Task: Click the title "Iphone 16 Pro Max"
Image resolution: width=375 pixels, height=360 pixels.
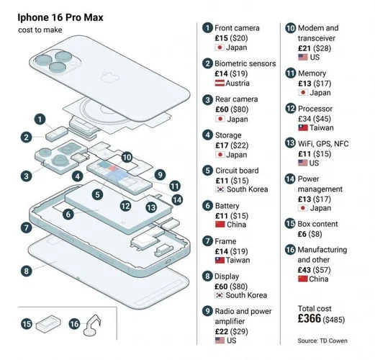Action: coord(60,15)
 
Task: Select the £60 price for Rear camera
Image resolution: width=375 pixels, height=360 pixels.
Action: coord(223,109)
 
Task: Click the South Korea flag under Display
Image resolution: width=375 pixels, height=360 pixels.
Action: coord(220,294)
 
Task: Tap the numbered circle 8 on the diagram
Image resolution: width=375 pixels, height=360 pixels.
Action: coord(27,271)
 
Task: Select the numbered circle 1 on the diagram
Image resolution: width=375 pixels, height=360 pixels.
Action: coord(40,119)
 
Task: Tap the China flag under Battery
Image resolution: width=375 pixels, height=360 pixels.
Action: coord(220,225)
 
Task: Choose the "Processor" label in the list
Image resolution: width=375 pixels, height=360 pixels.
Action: coord(317,109)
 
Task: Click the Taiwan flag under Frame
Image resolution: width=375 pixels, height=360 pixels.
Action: coord(220,259)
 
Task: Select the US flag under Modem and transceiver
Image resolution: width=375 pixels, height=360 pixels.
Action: coord(303,57)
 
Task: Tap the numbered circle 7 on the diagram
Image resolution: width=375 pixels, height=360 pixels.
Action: coord(26,227)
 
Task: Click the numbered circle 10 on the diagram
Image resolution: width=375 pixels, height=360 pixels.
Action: coord(127,156)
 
